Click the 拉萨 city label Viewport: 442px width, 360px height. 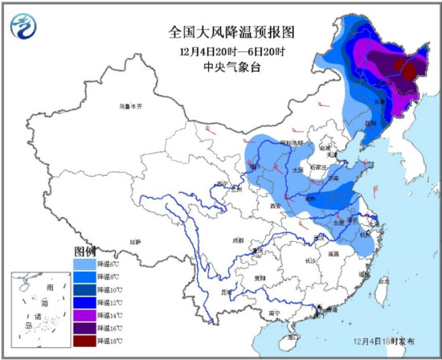135,241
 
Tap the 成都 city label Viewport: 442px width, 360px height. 237,239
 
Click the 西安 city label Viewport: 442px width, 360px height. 277,207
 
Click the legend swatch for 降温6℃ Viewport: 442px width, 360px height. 88,264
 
